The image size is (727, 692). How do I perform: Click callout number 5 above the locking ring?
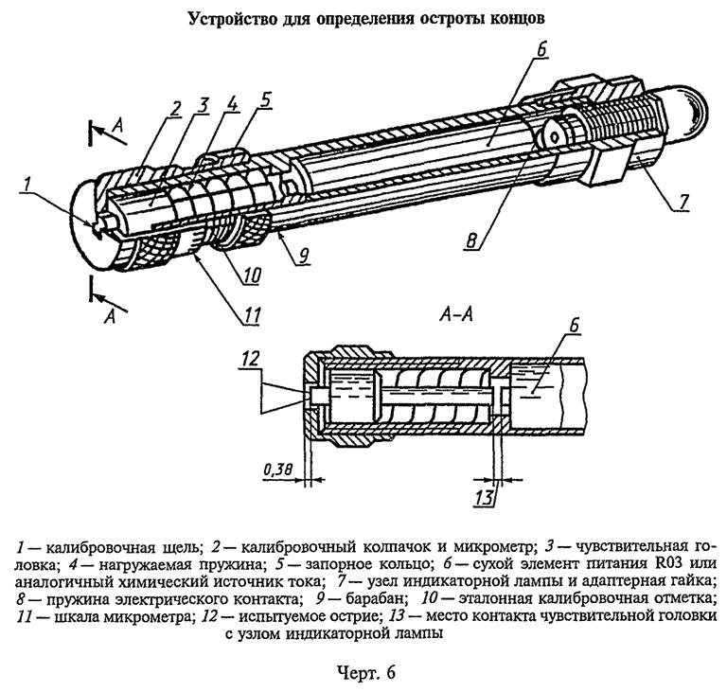click(x=266, y=98)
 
